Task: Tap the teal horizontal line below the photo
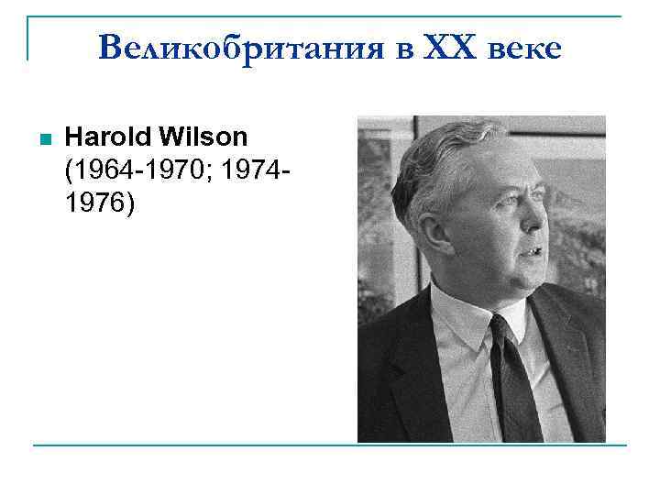[330, 445]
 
